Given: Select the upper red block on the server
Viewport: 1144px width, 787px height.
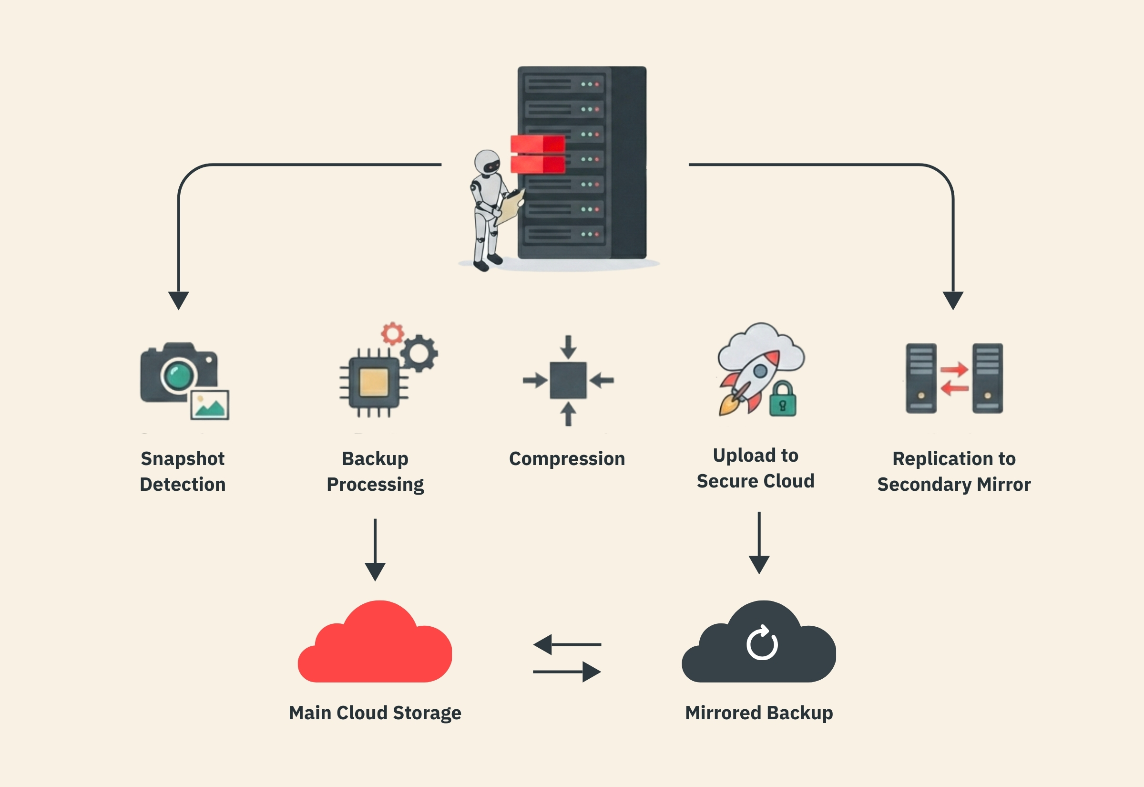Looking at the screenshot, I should (x=538, y=144).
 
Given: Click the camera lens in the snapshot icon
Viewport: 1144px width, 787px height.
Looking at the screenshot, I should (x=178, y=376).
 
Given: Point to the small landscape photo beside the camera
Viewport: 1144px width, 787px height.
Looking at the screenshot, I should (x=210, y=405).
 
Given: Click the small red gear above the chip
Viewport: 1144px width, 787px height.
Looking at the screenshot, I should (x=393, y=334).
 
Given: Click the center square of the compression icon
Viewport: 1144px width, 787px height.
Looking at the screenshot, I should (x=568, y=380).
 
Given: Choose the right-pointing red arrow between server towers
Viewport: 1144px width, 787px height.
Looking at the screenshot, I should (x=954, y=369).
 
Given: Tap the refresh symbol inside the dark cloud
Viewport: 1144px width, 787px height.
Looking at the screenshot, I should (x=762, y=643).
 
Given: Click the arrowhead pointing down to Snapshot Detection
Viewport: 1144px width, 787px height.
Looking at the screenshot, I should (x=178, y=300).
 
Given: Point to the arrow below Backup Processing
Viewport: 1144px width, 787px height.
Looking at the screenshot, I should (x=375, y=550).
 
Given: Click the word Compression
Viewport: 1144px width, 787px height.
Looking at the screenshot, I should (x=567, y=458).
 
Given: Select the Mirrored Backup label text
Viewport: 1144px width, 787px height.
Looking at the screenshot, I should (x=759, y=713).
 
